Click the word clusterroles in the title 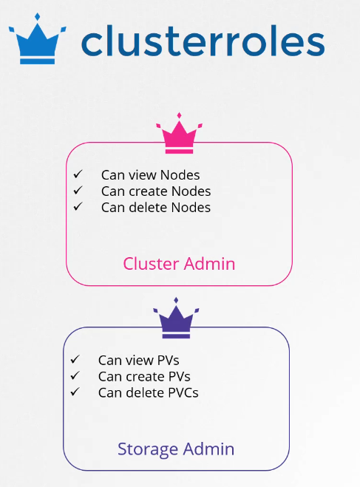coord(203,41)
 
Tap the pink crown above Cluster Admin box coord(179,133)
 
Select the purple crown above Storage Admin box coord(176,318)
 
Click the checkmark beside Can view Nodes coord(78,174)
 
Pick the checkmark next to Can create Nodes coord(78,190)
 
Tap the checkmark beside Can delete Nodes coord(78,206)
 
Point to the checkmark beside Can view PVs coord(75,359)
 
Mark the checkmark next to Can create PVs coord(75,375)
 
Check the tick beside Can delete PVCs coord(75,392)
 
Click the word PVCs coord(183,392)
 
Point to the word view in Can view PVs coord(140,361)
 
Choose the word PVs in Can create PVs coord(179,376)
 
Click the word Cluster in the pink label coord(151,264)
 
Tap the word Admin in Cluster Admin coord(209,264)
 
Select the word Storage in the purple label coord(148,449)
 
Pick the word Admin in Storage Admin coord(208,449)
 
